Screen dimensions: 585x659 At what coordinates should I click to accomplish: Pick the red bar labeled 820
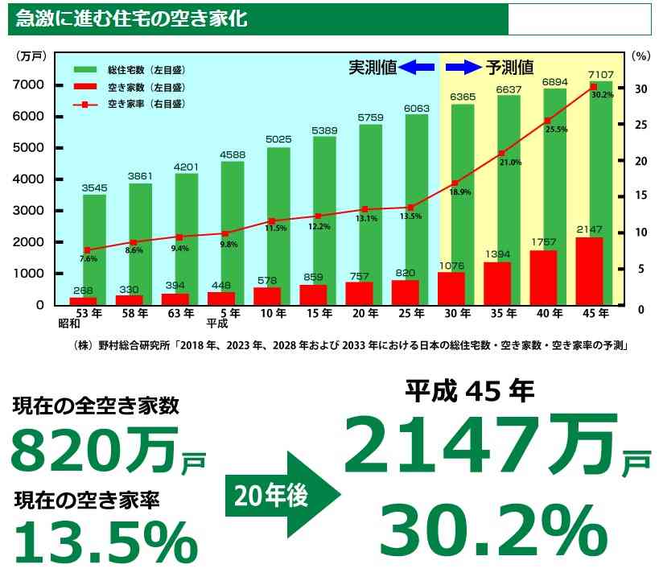pos(406,293)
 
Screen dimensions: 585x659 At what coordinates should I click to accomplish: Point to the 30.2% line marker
pos(593,86)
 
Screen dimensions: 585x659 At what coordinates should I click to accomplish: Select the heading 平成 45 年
pos(469,391)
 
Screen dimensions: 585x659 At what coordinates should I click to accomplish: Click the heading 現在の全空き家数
pos(96,405)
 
